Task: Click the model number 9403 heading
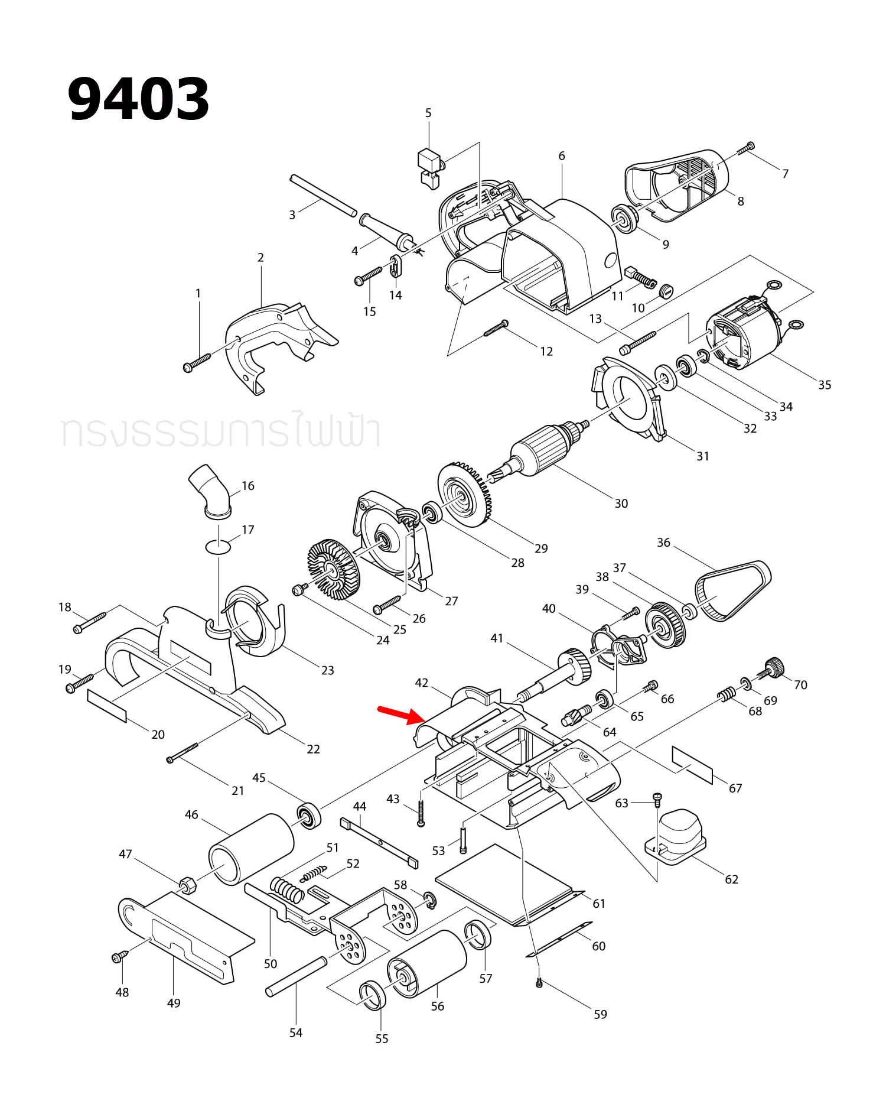138,99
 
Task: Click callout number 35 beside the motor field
825,385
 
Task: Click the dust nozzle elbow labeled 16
210,491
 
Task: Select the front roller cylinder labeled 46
251,849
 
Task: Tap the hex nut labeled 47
188,884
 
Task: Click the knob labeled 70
773,667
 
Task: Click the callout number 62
731,879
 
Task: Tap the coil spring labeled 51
287,888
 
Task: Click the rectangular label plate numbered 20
107,705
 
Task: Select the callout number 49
174,1003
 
